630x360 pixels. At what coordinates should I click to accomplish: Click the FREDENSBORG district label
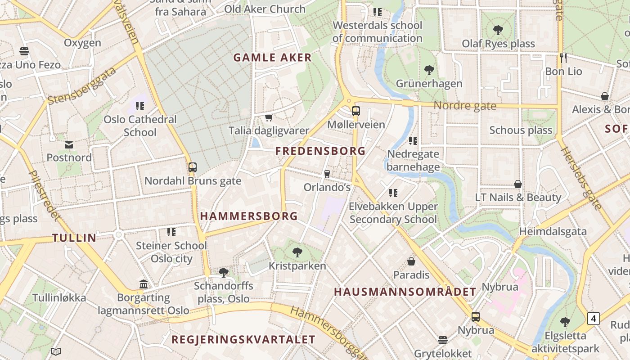point(320,151)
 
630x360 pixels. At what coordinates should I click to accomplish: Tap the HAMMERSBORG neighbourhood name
point(249,216)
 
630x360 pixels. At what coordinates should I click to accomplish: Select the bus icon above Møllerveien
point(355,111)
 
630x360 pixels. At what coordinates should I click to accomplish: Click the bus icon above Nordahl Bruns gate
point(193,167)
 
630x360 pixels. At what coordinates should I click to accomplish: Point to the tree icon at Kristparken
point(297,252)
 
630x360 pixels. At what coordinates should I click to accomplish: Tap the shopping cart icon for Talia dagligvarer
point(269,118)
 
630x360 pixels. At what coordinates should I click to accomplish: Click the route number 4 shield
point(594,319)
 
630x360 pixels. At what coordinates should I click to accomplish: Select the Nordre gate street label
point(465,106)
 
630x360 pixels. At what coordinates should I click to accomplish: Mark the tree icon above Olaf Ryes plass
point(498,30)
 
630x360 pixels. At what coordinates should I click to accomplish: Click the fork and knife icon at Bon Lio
point(563,58)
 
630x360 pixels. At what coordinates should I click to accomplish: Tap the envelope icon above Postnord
point(69,144)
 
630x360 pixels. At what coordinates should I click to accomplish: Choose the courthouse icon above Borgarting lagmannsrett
point(144,284)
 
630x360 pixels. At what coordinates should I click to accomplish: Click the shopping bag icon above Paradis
point(411,261)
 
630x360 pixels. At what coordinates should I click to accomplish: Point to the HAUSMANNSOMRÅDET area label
point(405,292)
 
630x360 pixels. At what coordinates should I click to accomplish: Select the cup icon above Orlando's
point(327,174)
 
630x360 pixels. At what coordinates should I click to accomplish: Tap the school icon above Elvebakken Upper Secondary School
point(393,193)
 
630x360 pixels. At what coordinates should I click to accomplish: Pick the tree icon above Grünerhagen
point(429,70)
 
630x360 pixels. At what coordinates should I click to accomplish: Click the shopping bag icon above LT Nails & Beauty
point(518,184)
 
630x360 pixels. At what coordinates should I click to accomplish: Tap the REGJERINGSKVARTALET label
point(243,340)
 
